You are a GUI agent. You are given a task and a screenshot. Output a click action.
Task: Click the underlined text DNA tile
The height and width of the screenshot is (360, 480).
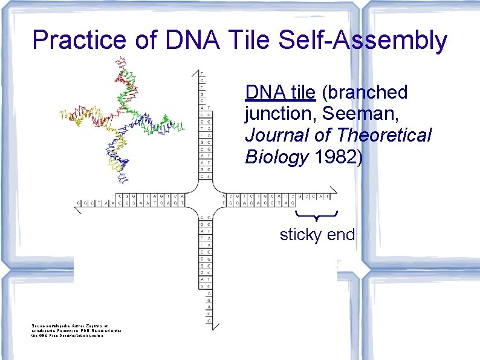point(280,93)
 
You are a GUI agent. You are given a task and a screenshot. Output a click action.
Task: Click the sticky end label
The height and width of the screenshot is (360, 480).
point(317,235)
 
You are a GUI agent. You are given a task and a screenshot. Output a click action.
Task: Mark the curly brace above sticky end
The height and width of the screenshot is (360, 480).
point(316,215)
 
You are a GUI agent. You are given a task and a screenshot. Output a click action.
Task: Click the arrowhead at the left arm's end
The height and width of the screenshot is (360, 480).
point(77,208)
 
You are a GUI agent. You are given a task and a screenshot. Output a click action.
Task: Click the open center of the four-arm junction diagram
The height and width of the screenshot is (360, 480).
point(205,200)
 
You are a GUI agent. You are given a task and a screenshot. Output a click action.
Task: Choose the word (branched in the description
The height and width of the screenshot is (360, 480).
point(365,93)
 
